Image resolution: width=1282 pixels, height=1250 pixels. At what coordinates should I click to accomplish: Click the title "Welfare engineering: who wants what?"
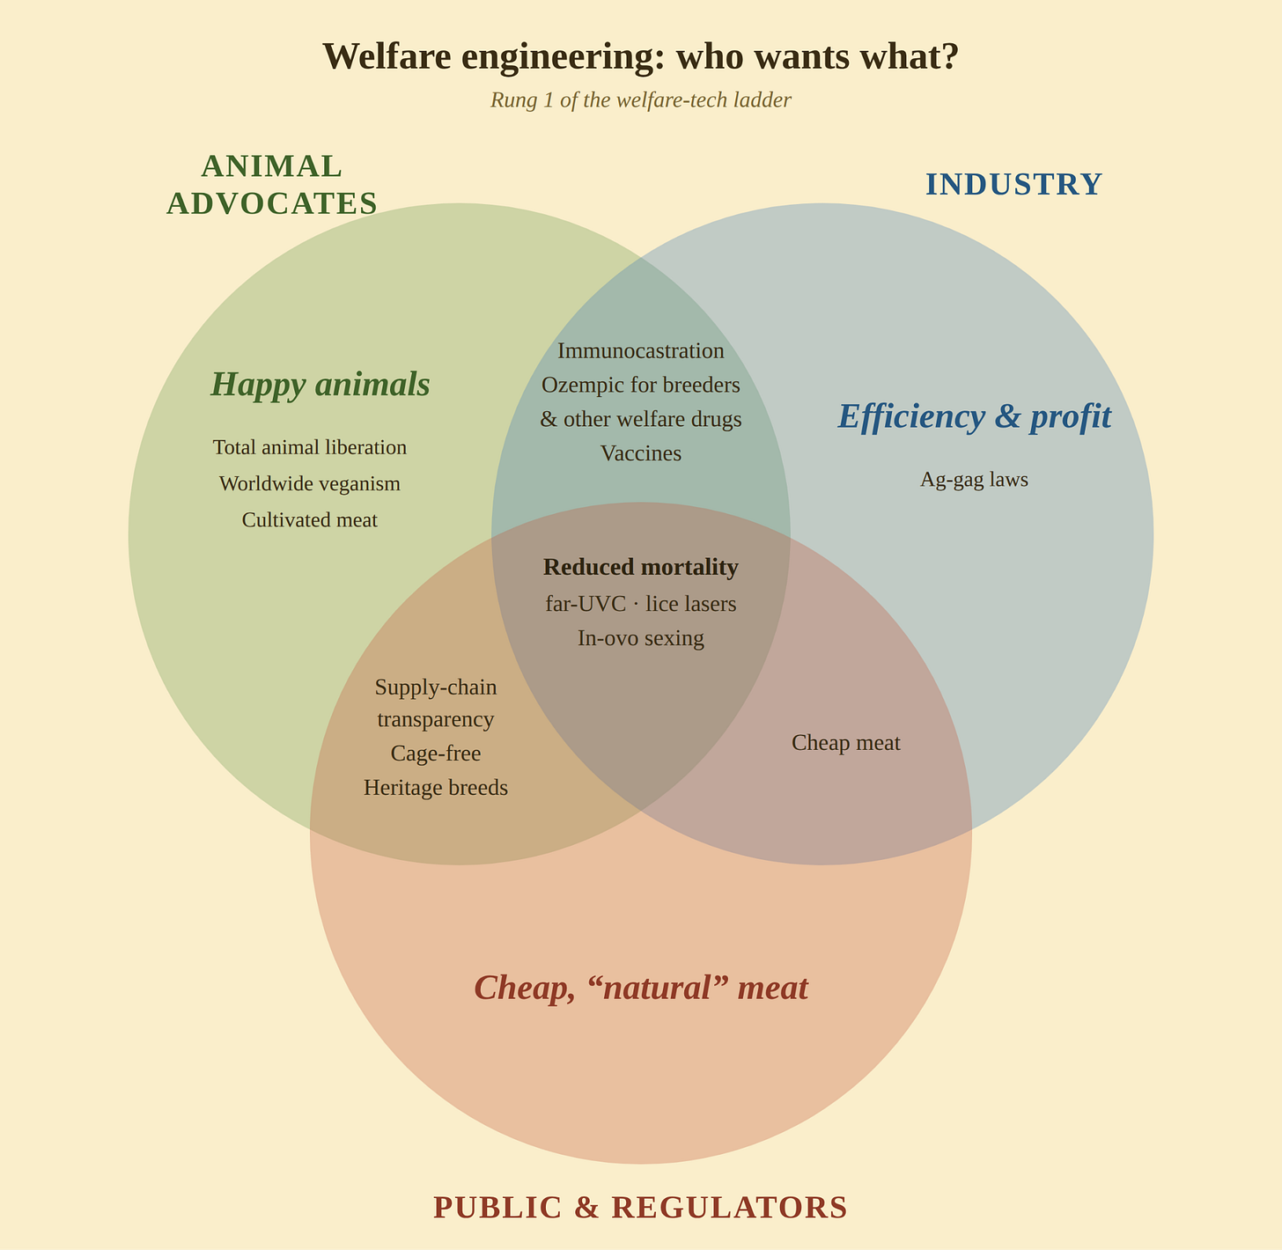[640, 56]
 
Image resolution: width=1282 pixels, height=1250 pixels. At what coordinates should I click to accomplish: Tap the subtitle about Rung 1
[640, 100]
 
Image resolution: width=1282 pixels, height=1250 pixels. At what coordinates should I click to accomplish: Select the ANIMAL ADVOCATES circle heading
[271, 184]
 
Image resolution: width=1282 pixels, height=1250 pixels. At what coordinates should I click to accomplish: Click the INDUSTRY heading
[1013, 184]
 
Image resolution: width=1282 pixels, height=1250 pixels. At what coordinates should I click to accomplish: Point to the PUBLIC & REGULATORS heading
[640, 1207]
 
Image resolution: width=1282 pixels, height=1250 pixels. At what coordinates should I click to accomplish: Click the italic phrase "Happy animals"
[320, 385]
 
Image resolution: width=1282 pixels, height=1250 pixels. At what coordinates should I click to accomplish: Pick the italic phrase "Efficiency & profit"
[975, 416]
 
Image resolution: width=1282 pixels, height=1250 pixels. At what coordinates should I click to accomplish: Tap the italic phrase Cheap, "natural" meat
[641, 988]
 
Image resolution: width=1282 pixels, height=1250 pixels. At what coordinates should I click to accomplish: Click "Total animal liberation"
[310, 447]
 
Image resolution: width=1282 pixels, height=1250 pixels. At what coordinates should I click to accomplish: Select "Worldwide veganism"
[310, 483]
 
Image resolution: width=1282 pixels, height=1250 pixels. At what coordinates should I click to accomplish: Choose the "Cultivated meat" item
[310, 519]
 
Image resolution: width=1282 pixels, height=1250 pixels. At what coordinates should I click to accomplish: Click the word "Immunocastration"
[641, 350]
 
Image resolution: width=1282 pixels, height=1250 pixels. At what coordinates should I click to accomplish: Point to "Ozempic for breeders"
[641, 385]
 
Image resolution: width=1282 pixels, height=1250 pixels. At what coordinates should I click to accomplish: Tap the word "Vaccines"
[641, 453]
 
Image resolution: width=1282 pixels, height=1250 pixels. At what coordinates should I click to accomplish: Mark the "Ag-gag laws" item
[975, 480]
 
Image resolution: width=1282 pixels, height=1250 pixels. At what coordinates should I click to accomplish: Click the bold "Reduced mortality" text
[641, 567]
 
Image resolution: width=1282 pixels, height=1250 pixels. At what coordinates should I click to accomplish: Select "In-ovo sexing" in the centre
[641, 638]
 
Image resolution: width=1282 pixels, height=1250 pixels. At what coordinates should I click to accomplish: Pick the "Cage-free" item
[436, 754]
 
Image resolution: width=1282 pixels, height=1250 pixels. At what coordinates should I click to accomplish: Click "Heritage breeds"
[436, 788]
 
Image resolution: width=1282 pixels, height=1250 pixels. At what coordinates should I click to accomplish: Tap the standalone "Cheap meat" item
[846, 743]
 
